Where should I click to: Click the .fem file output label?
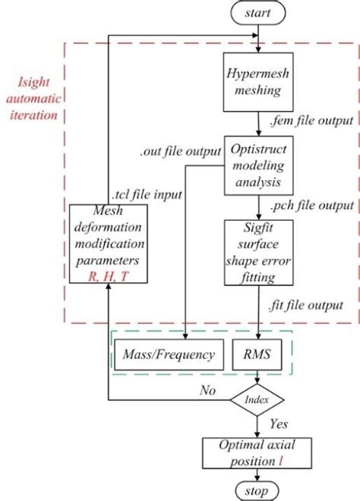click(x=310, y=121)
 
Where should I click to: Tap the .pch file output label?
click(x=310, y=206)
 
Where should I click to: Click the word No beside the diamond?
click(x=207, y=390)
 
